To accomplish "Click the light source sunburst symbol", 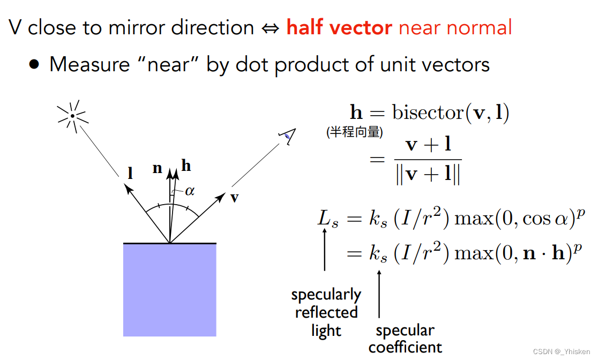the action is pyautogui.click(x=72, y=116).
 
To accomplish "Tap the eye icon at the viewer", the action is pyautogui.click(x=288, y=137).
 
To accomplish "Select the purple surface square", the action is pyautogui.click(x=170, y=290).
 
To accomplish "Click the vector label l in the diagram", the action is pyautogui.click(x=130, y=173).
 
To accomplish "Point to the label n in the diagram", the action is pyautogui.click(x=158, y=168).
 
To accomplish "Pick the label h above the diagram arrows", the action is pyautogui.click(x=186, y=166).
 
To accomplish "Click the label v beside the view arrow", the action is pyautogui.click(x=235, y=198).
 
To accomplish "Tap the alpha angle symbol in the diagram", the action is pyautogui.click(x=190, y=191).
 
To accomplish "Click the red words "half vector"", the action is pyautogui.click(x=339, y=27).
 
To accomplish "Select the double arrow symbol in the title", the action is pyautogui.click(x=271, y=28).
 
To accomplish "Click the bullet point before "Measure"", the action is pyautogui.click(x=34, y=64).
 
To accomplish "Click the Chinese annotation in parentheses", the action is pyautogui.click(x=355, y=132).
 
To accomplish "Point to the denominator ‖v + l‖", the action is pyautogui.click(x=428, y=175).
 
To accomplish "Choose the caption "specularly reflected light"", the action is pyautogui.click(x=326, y=312).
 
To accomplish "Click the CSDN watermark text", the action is pyautogui.click(x=562, y=351).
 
